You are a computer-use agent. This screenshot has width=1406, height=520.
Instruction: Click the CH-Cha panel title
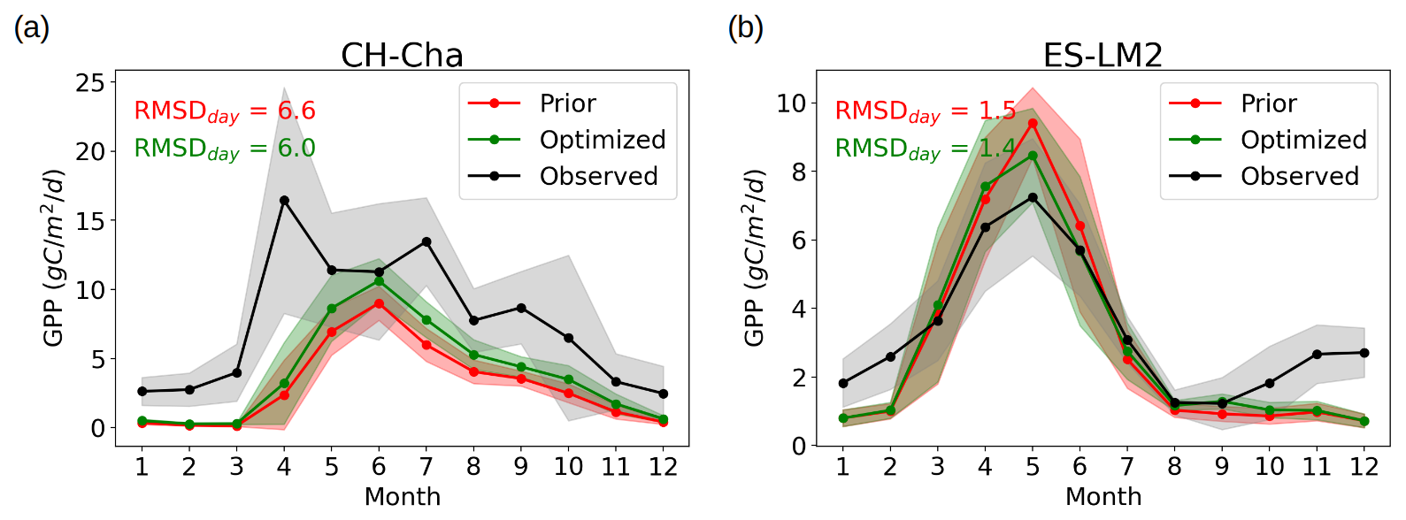click(402, 56)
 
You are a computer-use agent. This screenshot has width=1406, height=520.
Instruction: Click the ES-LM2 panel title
click(1103, 56)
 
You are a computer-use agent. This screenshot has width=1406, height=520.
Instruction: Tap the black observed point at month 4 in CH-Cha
click(284, 201)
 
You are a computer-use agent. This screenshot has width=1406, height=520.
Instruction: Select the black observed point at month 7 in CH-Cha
click(426, 241)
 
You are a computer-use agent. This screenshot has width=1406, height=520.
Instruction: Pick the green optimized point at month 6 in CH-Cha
click(379, 281)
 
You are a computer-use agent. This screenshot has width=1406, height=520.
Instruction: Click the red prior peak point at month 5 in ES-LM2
click(1032, 123)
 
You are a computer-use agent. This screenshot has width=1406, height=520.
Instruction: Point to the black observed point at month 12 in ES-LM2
click(1364, 353)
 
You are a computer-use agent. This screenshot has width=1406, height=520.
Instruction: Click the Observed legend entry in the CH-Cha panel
click(598, 176)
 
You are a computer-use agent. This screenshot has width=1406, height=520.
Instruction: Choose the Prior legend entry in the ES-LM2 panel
click(1268, 103)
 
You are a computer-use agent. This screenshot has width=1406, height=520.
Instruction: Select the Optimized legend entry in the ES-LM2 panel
click(1303, 140)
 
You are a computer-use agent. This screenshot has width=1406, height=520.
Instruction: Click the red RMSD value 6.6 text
click(296, 111)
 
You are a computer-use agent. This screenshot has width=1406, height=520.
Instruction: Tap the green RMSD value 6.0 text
click(296, 148)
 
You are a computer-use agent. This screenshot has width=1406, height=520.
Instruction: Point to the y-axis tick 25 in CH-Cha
click(90, 83)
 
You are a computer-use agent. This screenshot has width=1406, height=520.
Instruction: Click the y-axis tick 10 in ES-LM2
click(791, 103)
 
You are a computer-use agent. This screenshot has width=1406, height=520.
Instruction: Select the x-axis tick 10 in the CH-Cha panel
click(568, 467)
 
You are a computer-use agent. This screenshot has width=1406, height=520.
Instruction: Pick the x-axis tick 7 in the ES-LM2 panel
click(1126, 467)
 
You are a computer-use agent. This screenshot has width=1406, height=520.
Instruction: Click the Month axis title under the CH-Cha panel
click(403, 496)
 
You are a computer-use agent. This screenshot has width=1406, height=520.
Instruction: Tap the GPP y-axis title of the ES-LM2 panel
click(754, 256)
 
